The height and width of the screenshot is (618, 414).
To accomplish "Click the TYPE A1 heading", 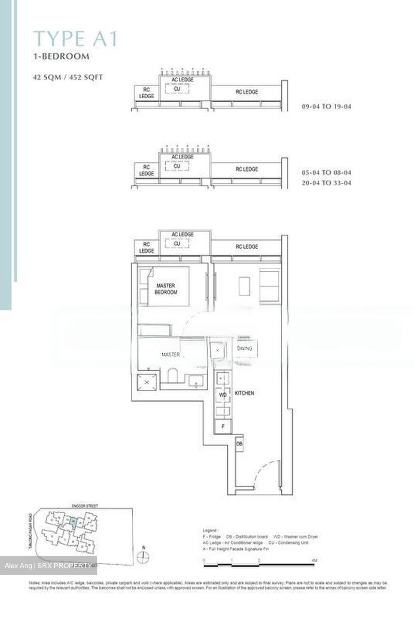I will [76, 39].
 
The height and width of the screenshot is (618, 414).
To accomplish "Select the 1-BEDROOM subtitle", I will [62, 56].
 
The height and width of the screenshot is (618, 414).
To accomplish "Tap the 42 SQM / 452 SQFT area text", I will [68, 78].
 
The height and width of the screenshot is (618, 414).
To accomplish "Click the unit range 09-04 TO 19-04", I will [326, 106].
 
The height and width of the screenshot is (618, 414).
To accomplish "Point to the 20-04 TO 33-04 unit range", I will [326, 183].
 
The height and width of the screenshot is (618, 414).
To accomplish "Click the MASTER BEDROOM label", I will [166, 289].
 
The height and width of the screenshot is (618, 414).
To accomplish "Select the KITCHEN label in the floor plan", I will [244, 393].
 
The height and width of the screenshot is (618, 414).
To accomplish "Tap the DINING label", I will [244, 348].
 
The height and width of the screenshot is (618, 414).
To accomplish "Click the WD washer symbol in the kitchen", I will [223, 395].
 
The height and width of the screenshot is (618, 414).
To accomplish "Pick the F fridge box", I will [223, 427].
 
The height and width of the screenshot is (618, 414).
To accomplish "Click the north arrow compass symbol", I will [143, 557].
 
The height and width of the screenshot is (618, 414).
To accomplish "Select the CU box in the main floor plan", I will [177, 244].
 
